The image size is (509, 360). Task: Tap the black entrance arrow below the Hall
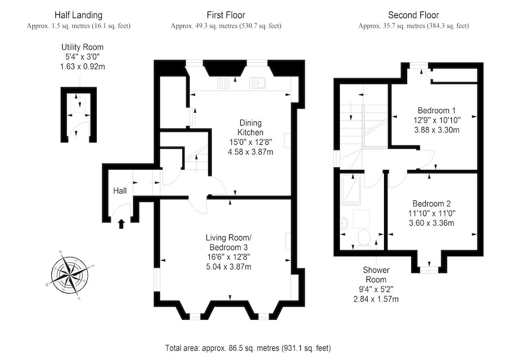point(120,224)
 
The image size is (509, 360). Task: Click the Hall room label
point(119,191)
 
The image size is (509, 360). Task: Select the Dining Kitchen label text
point(251,127)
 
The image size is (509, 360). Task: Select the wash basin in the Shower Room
point(345,224)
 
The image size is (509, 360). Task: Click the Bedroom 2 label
point(432,204)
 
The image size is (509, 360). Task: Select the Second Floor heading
point(413,15)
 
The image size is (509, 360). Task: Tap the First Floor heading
point(226,15)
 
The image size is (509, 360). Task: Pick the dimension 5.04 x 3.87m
point(228,267)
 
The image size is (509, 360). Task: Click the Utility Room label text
point(83,48)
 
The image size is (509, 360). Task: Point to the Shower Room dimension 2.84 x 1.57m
point(375,299)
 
